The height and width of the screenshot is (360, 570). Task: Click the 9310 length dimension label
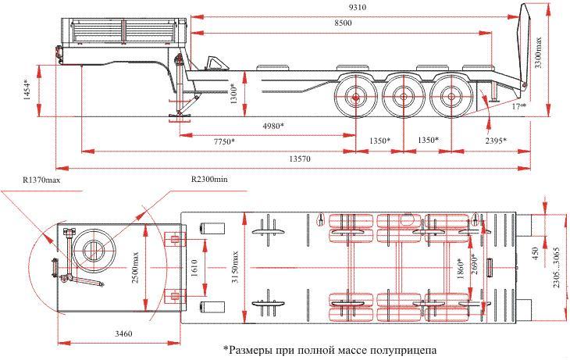click(358, 7)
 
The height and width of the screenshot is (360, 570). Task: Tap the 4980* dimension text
click(269, 125)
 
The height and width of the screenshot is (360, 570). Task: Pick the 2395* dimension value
click(495, 141)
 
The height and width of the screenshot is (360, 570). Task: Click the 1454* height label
click(28, 92)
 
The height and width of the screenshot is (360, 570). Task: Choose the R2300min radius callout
click(209, 180)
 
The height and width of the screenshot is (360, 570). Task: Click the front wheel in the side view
click(354, 98)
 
